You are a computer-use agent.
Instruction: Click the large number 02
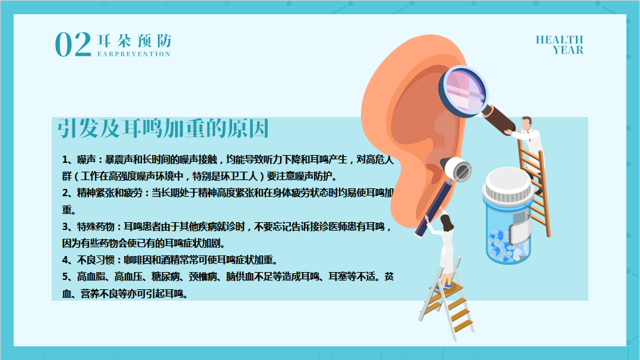(x=73, y=44)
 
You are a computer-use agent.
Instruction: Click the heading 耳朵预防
(x=134, y=41)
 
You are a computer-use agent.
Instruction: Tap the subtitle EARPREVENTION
(x=134, y=54)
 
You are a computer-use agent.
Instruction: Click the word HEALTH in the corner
(x=559, y=40)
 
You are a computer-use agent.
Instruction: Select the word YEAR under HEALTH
(x=568, y=50)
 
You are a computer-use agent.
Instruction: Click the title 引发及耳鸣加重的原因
(x=163, y=128)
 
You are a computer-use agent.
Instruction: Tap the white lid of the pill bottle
(x=508, y=184)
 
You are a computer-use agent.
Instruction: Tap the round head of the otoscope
(x=458, y=169)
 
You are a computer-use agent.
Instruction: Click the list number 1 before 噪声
(x=65, y=159)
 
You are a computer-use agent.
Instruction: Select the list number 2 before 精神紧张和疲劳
(x=65, y=193)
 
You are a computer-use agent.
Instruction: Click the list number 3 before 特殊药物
(x=65, y=226)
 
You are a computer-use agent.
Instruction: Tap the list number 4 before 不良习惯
(x=65, y=260)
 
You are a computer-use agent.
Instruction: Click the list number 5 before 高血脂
(x=65, y=277)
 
